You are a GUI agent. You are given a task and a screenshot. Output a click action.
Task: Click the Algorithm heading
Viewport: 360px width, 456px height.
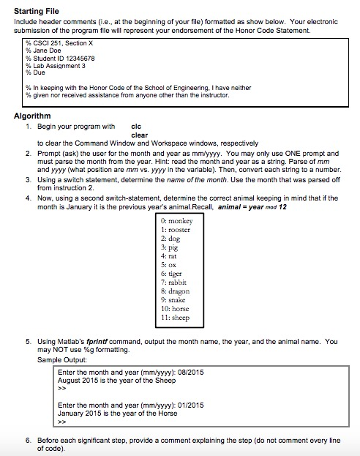click(x=32, y=116)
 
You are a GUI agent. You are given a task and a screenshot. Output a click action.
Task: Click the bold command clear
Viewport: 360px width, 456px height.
click(x=139, y=135)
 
